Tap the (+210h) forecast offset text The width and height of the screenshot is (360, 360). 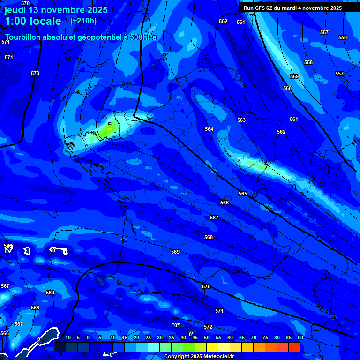83,21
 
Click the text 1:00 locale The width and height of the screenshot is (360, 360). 33,21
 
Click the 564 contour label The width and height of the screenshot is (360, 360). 209,129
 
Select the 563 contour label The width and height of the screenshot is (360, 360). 241,120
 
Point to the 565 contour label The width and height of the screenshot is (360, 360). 242,194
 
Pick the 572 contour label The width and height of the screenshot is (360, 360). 208,327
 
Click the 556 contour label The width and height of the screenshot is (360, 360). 343,37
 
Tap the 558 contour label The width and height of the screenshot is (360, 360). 308,62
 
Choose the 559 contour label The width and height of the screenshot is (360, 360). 294,76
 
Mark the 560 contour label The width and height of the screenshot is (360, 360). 287,88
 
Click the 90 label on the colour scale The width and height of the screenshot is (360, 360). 300,337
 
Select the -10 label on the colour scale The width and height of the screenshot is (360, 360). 67,337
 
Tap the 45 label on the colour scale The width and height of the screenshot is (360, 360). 195,337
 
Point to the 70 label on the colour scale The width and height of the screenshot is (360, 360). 253,337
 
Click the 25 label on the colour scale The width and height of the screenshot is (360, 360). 148,337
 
